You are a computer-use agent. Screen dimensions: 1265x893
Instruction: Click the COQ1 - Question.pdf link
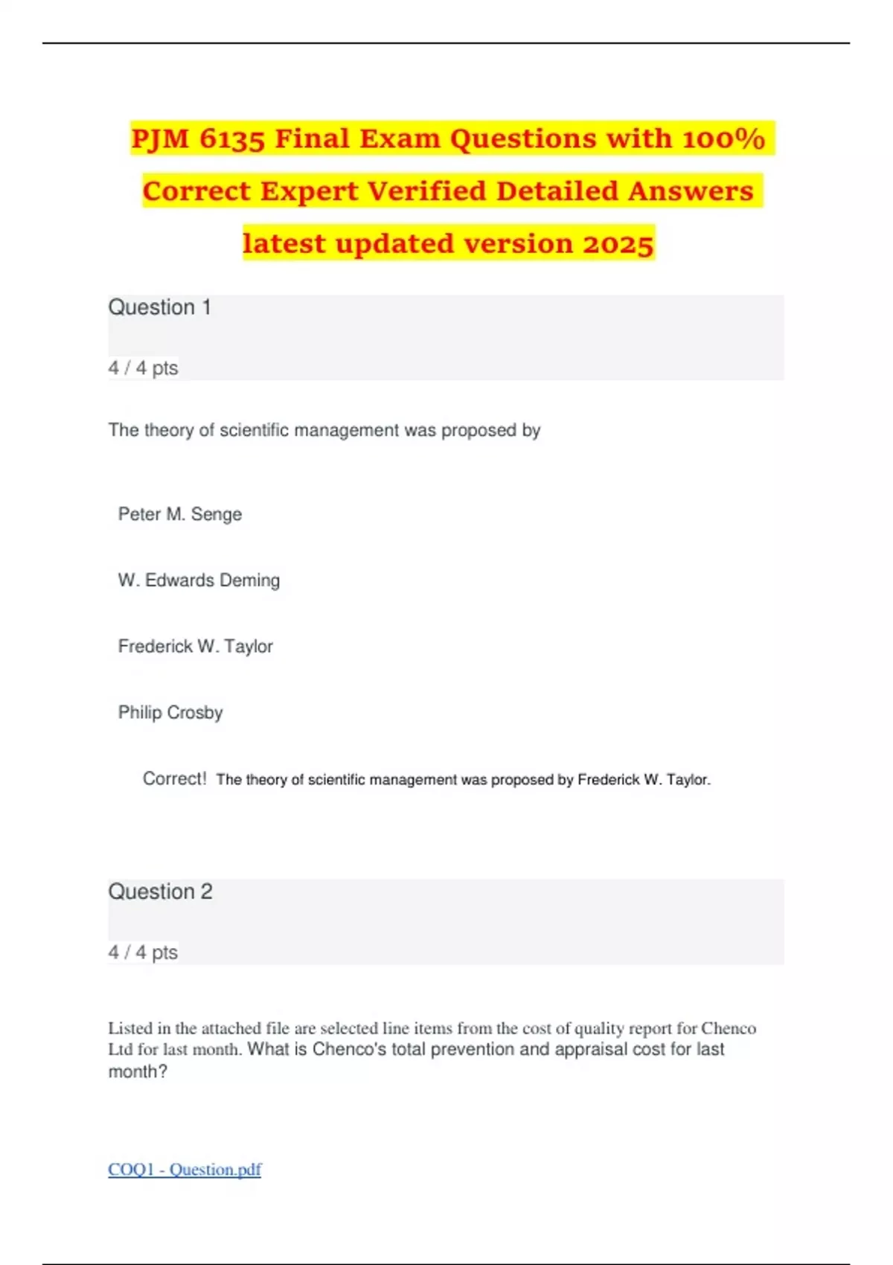click(x=185, y=1169)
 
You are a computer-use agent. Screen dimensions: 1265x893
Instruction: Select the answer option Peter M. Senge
click(x=180, y=514)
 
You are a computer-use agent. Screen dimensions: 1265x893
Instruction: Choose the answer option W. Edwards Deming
click(x=199, y=580)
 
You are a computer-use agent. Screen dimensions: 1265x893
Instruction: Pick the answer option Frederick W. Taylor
click(x=195, y=646)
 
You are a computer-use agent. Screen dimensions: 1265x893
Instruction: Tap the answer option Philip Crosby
click(x=170, y=712)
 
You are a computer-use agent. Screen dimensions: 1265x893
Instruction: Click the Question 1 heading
click(x=160, y=307)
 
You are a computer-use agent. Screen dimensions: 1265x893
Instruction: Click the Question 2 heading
click(x=161, y=891)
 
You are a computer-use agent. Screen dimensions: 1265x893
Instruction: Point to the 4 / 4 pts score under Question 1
click(x=144, y=368)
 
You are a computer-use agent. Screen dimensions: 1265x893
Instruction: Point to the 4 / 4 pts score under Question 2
click(x=144, y=952)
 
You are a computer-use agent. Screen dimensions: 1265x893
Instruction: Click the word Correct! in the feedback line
click(x=174, y=778)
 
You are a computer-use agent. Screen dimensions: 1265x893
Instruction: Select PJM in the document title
click(x=160, y=138)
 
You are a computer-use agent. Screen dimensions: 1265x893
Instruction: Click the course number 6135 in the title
click(x=231, y=138)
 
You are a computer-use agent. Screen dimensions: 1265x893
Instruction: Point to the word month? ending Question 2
click(x=138, y=1072)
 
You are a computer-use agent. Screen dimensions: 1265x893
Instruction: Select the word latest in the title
click(x=284, y=244)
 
